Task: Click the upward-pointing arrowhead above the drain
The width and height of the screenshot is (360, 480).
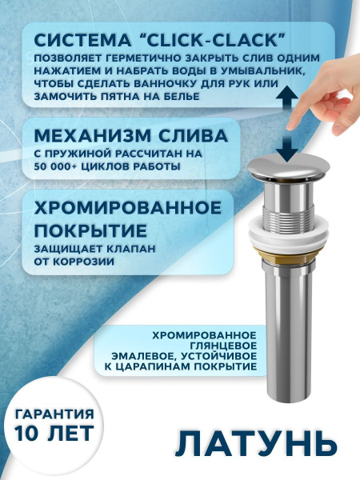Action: (283, 91)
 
